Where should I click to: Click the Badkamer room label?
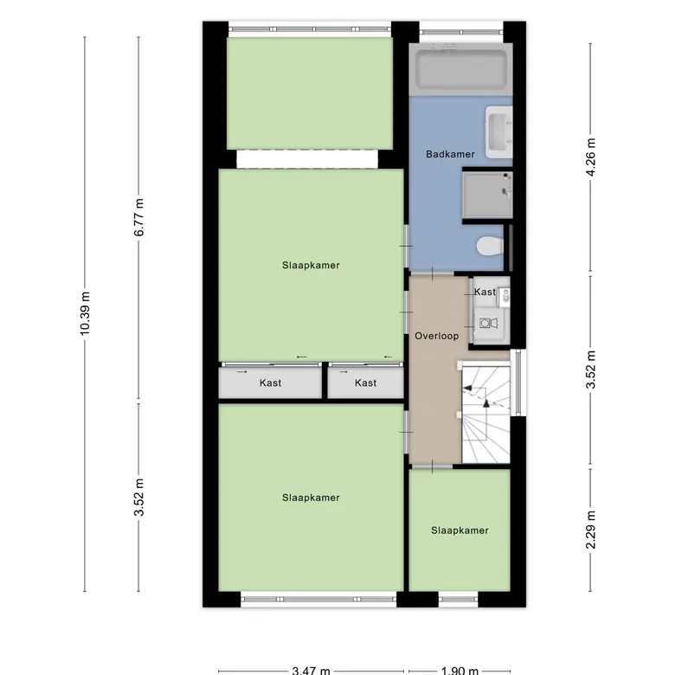450,154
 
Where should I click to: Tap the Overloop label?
436,336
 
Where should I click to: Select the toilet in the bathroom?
491,247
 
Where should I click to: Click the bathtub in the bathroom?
460,69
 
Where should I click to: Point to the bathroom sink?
499,132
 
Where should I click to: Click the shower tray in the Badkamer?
487,195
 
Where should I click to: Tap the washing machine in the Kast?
489,324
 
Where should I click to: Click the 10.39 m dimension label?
85,313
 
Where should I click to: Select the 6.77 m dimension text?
138,217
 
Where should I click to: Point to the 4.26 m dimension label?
590,157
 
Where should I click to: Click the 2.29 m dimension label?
590,530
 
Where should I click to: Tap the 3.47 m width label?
311,671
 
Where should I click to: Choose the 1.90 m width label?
460,671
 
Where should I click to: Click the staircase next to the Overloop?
485,415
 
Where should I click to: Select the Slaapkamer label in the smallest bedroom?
460,530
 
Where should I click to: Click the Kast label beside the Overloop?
485,292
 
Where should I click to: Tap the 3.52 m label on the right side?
590,370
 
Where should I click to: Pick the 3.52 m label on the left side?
138,497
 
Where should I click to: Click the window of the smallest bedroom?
458,599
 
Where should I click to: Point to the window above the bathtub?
461,32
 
